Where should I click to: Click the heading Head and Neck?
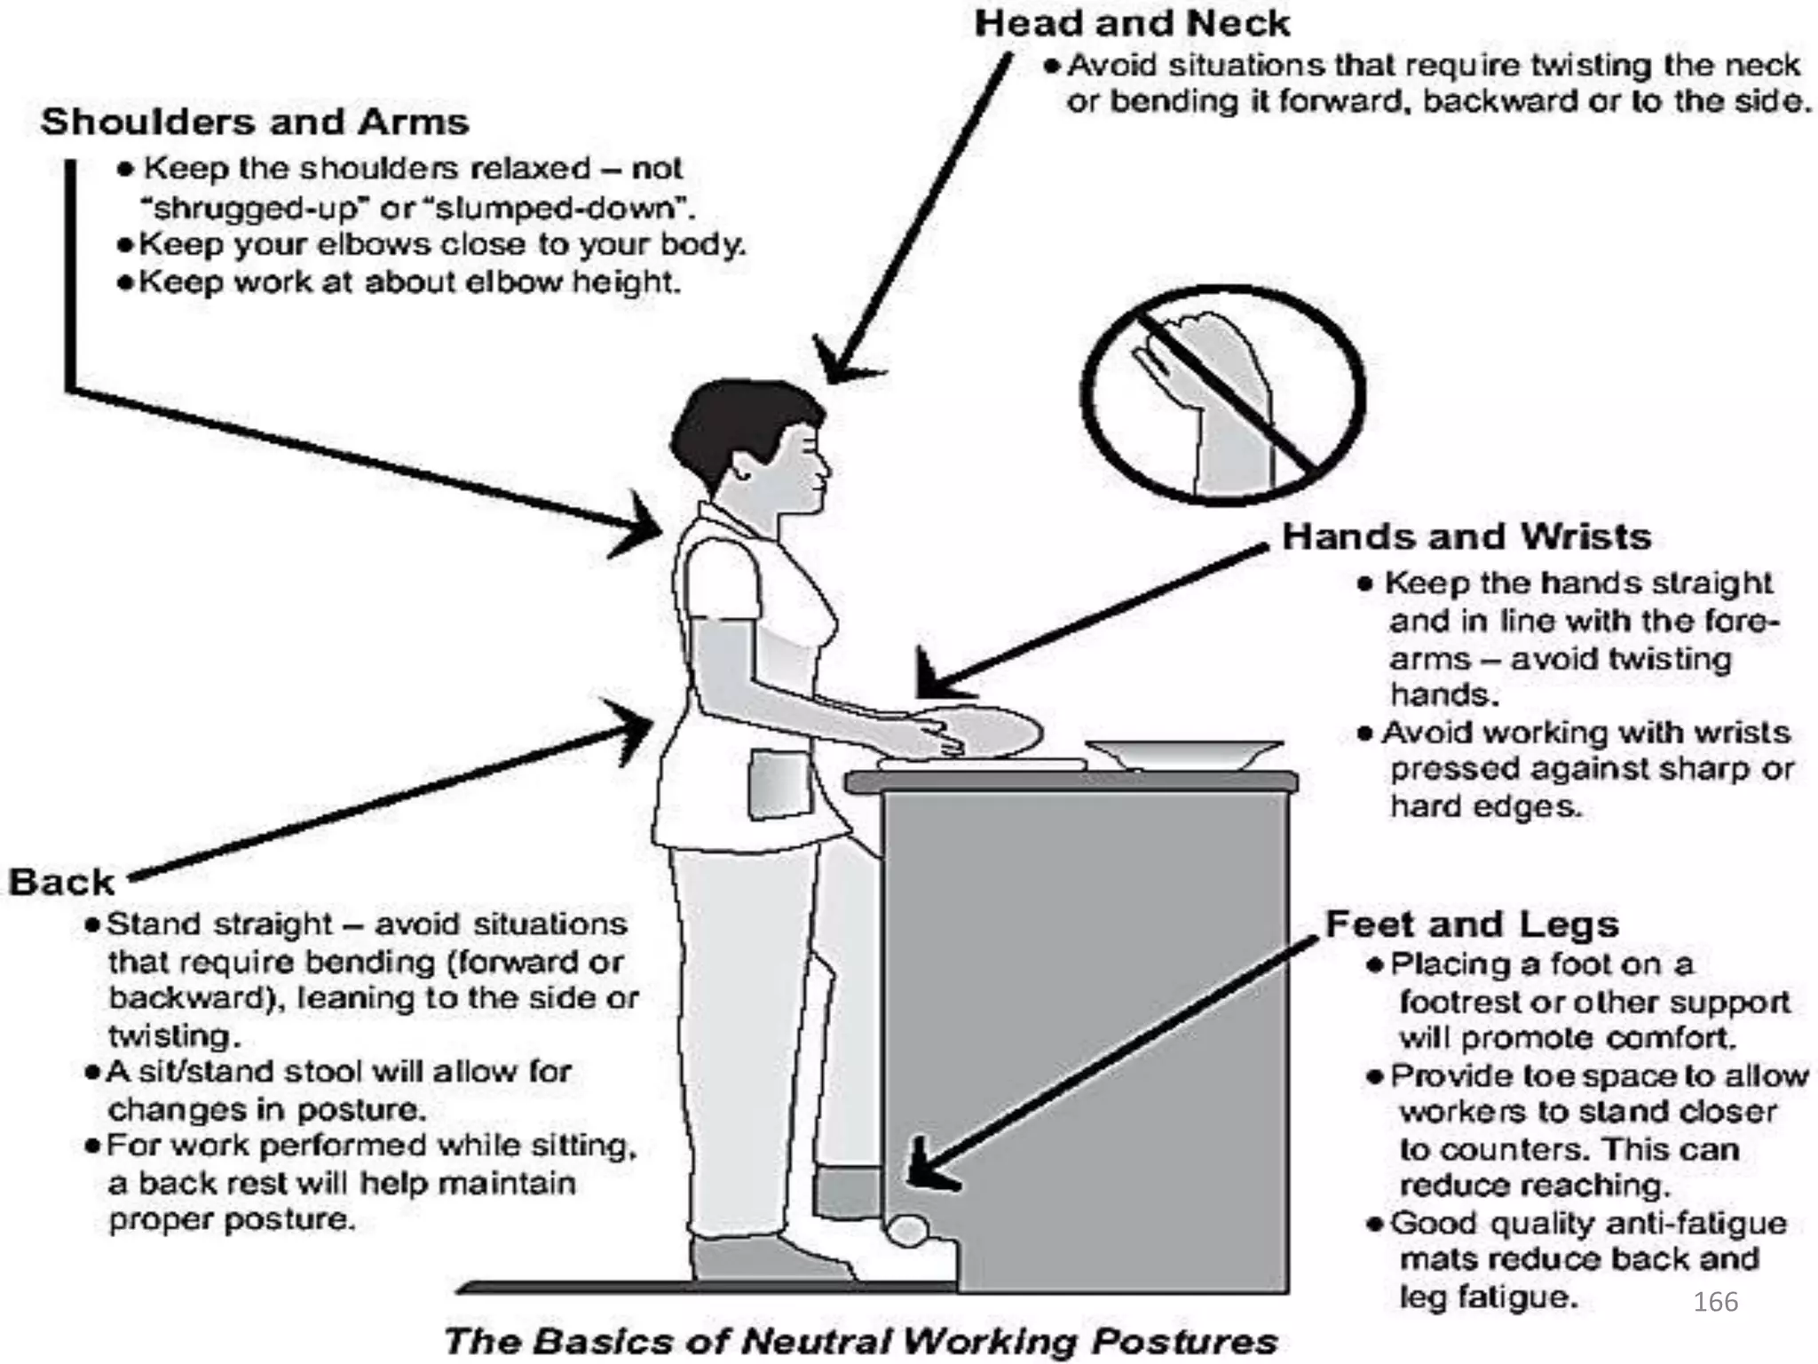[x=1132, y=24]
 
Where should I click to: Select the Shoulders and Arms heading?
[x=255, y=123]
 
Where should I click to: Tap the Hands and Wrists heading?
[x=1466, y=537]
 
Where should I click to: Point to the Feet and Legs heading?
[x=1472, y=924]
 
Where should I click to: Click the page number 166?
[x=1715, y=1302]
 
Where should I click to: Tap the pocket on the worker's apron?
[x=779, y=784]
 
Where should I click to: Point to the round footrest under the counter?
[x=907, y=1231]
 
